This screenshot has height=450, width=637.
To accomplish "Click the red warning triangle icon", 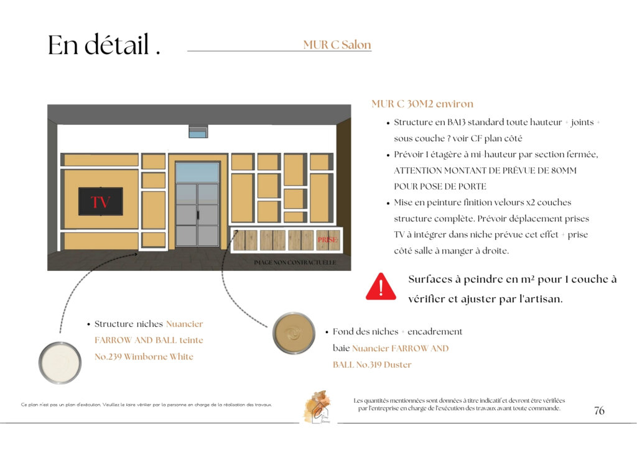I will tap(381, 287).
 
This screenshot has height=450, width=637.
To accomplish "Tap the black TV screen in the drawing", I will tap(100, 201).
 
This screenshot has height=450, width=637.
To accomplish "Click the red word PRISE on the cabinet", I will tap(327, 239).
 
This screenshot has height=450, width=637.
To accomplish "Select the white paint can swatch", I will tap(60, 362).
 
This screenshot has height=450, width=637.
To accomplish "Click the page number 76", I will tap(599, 411).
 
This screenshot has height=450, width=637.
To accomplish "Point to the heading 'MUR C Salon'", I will tap(337, 45).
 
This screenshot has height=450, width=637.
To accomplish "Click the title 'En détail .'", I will tap(104, 45).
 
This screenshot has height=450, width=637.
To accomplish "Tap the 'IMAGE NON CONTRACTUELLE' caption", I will tap(295, 263).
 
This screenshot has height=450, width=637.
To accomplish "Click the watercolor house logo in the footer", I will tap(317, 406).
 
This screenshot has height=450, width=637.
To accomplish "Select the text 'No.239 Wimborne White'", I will tap(144, 357).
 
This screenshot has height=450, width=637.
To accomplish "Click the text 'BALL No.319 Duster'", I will tap(372, 365).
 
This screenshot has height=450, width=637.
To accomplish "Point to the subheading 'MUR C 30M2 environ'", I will tap(422, 104).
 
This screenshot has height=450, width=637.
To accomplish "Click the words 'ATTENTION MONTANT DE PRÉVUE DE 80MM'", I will tap(485, 170).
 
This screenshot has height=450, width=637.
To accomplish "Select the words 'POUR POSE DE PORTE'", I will tap(440, 186).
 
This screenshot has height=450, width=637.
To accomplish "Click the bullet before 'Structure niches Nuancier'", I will tap(88, 324).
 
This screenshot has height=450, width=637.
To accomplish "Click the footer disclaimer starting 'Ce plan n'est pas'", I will tap(146, 405).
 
